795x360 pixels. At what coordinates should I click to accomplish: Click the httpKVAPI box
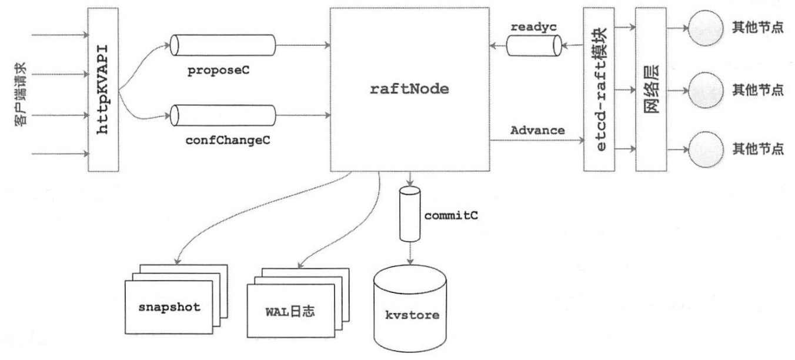click(x=103, y=89)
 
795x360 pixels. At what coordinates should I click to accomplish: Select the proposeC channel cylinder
click(x=223, y=45)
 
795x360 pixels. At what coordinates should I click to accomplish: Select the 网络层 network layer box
click(x=651, y=89)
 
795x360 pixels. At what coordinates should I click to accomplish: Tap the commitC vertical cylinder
click(x=409, y=214)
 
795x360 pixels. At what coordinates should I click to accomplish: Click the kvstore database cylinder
click(x=409, y=306)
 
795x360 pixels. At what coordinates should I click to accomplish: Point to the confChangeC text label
click(x=223, y=141)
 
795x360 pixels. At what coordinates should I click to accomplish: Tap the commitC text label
click(x=450, y=215)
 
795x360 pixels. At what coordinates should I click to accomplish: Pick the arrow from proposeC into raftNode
click(x=303, y=45)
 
